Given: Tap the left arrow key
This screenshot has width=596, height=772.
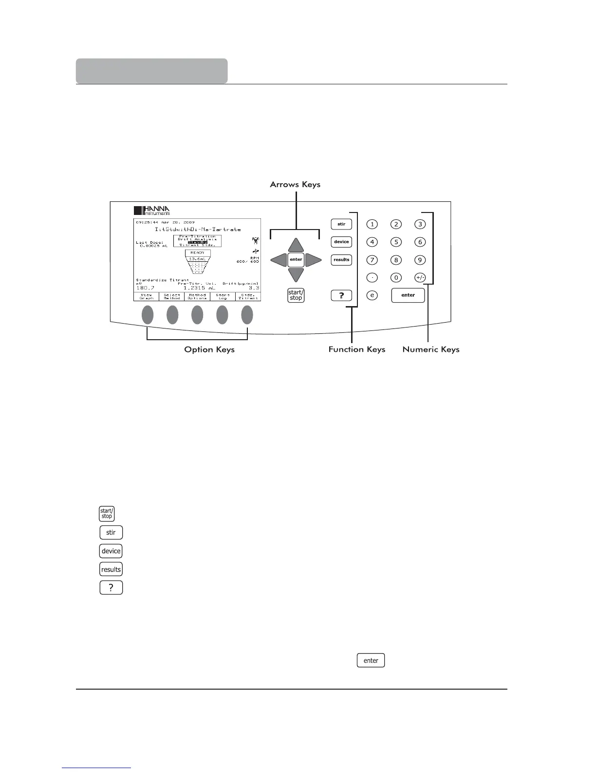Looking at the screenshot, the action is tap(279, 259).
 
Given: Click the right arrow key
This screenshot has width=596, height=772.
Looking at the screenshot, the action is tap(313, 259).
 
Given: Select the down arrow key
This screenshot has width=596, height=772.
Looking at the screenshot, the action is tap(296, 275).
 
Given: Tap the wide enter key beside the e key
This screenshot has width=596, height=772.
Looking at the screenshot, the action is tap(408, 295).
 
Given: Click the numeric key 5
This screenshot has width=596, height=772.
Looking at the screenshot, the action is tap(396, 242).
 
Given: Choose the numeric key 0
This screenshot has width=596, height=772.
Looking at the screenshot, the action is tap(396, 277).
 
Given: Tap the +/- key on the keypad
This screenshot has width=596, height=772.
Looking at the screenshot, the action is tap(420, 277).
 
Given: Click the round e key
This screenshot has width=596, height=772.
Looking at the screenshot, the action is tap(372, 295).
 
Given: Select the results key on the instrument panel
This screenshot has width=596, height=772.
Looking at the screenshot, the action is tap(341, 260).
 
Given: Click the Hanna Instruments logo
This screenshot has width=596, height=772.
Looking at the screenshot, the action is tap(152, 211).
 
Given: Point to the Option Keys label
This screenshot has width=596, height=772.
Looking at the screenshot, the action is tap(209, 349).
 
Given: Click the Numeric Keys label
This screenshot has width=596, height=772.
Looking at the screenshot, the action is tap(431, 349).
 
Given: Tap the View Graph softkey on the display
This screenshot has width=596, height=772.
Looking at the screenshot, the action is tap(147, 296).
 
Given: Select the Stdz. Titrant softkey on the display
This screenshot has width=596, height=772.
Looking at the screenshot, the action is tap(248, 296).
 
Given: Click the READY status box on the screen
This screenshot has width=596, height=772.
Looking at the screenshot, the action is tap(197, 252).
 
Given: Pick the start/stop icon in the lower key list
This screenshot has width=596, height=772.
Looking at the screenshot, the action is tap(107, 514).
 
